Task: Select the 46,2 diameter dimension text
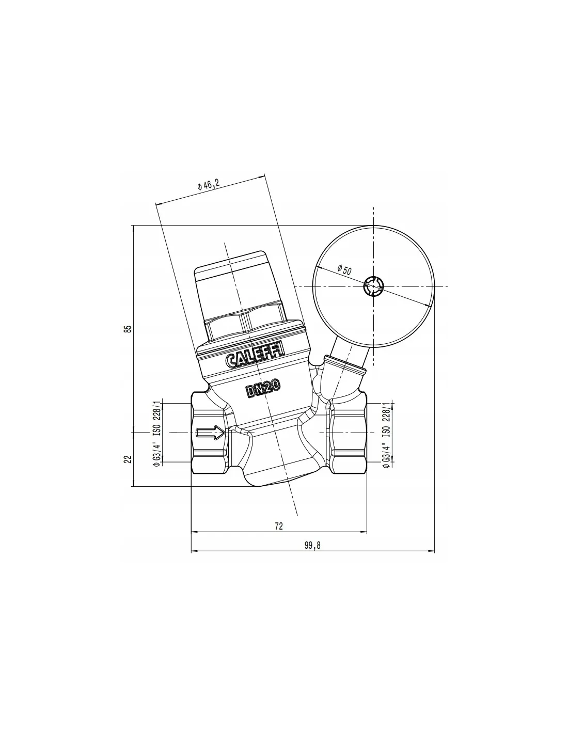209,185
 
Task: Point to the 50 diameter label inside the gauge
344,270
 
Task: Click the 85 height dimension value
128,329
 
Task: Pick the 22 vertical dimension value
128,459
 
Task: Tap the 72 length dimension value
279,526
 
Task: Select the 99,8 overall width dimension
312,546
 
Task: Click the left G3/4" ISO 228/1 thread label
156,434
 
